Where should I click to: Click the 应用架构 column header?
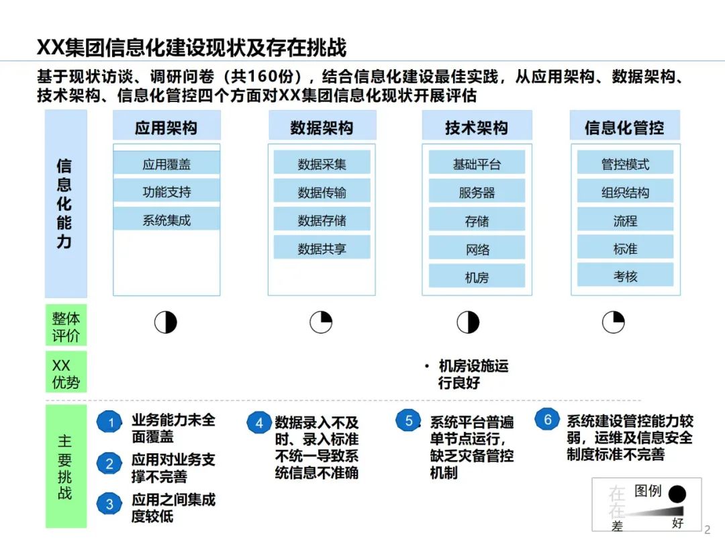(x=166, y=128)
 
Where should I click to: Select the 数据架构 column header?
(x=322, y=128)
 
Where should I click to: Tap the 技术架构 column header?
(x=477, y=128)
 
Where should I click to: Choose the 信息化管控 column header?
(x=625, y=128)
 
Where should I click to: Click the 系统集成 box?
(x=166, y=220)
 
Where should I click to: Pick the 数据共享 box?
(x=322, y=248)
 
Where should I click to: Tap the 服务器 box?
(x=477, y=193)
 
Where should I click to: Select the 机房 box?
(x=477, y=277)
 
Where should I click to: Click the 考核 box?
(x=625, y=275)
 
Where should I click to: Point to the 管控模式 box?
(x=625, y=164)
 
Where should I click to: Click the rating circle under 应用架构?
(x=166, y=322)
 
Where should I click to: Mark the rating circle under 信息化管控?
(x=613, y=322)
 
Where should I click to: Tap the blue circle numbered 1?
(x=110, y=422)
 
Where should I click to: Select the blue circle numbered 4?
(x=259, y=423)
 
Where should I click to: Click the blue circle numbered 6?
(x=547, y=420)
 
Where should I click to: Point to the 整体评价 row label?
(x=66, y=326)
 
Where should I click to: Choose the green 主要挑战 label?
(x=65, y=465)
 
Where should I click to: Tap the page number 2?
(x=706, y=529)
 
